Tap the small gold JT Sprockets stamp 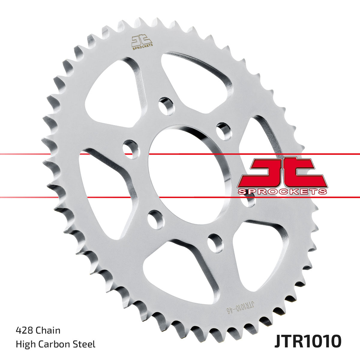click(142, 41)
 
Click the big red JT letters click(282, 172)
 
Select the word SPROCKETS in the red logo click(282, 191)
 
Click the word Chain click(48, 330)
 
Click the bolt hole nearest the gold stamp click(166, 106)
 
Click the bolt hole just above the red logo click(224, 131)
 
